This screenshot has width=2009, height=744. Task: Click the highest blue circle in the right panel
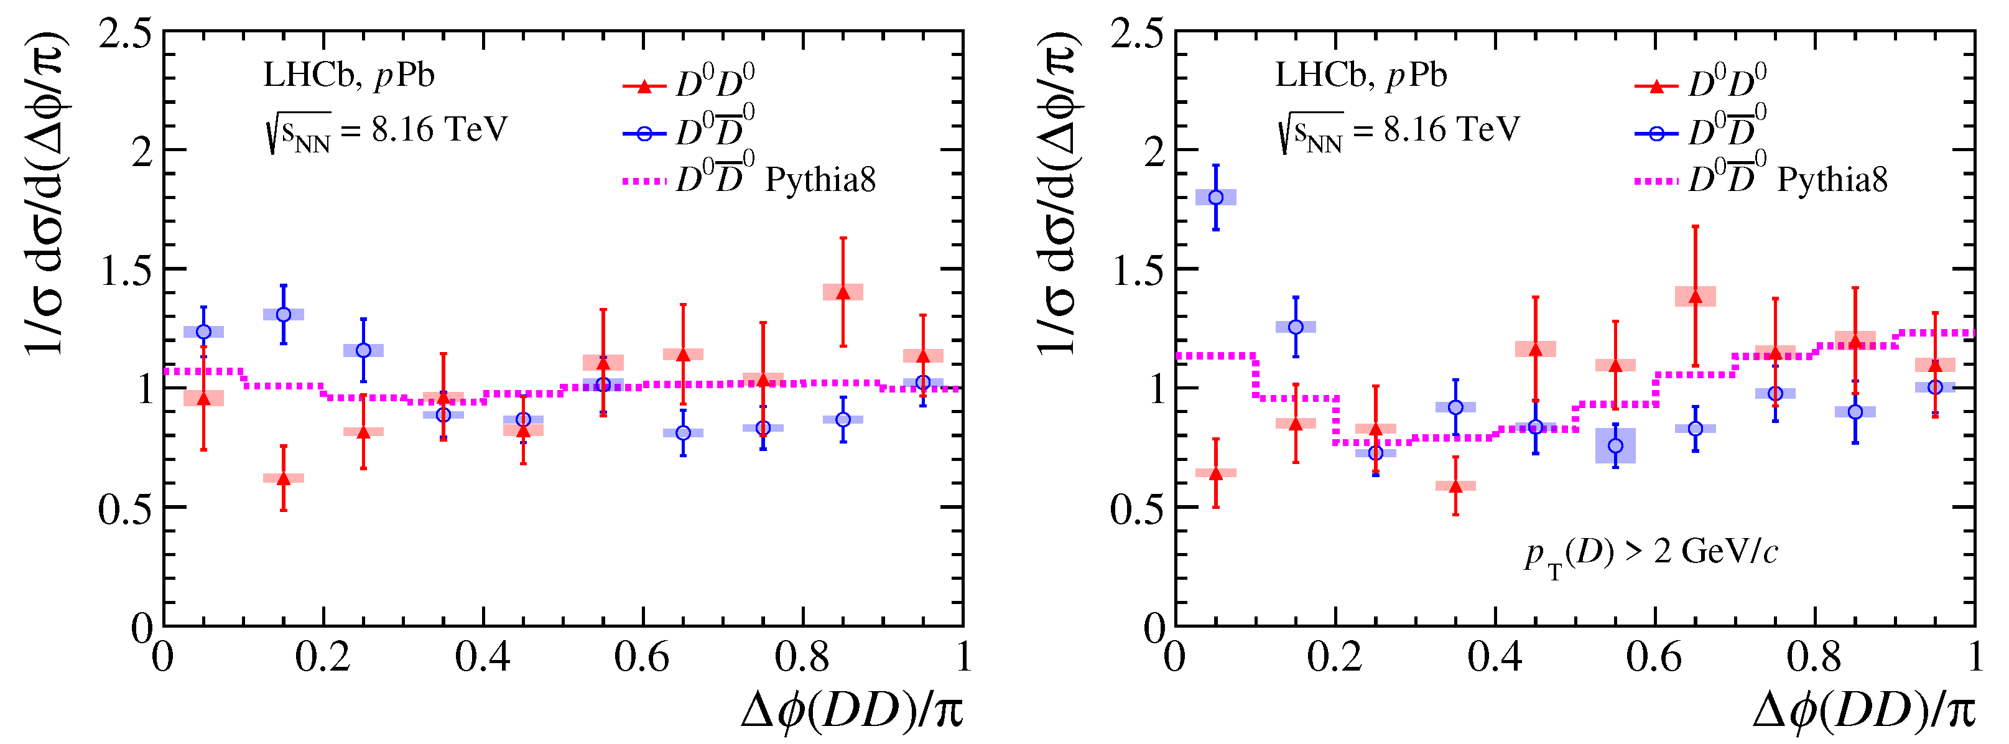(1215, 197)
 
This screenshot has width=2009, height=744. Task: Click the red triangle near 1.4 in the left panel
(842, 292)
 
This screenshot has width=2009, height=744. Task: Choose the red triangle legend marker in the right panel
(1656, 86)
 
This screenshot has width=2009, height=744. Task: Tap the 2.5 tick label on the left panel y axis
(125, 35)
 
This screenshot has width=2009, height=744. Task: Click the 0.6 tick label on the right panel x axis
(1653, 657)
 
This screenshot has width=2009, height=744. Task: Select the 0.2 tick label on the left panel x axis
(322, 657)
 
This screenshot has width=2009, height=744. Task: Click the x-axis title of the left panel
(851, 710)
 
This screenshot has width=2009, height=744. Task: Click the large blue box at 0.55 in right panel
(1615, 446)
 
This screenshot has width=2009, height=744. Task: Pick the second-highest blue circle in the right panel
(1296, 327)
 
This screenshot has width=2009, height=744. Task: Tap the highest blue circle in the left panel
(284, 314)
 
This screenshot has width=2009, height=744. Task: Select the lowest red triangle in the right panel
(1455, 486)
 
